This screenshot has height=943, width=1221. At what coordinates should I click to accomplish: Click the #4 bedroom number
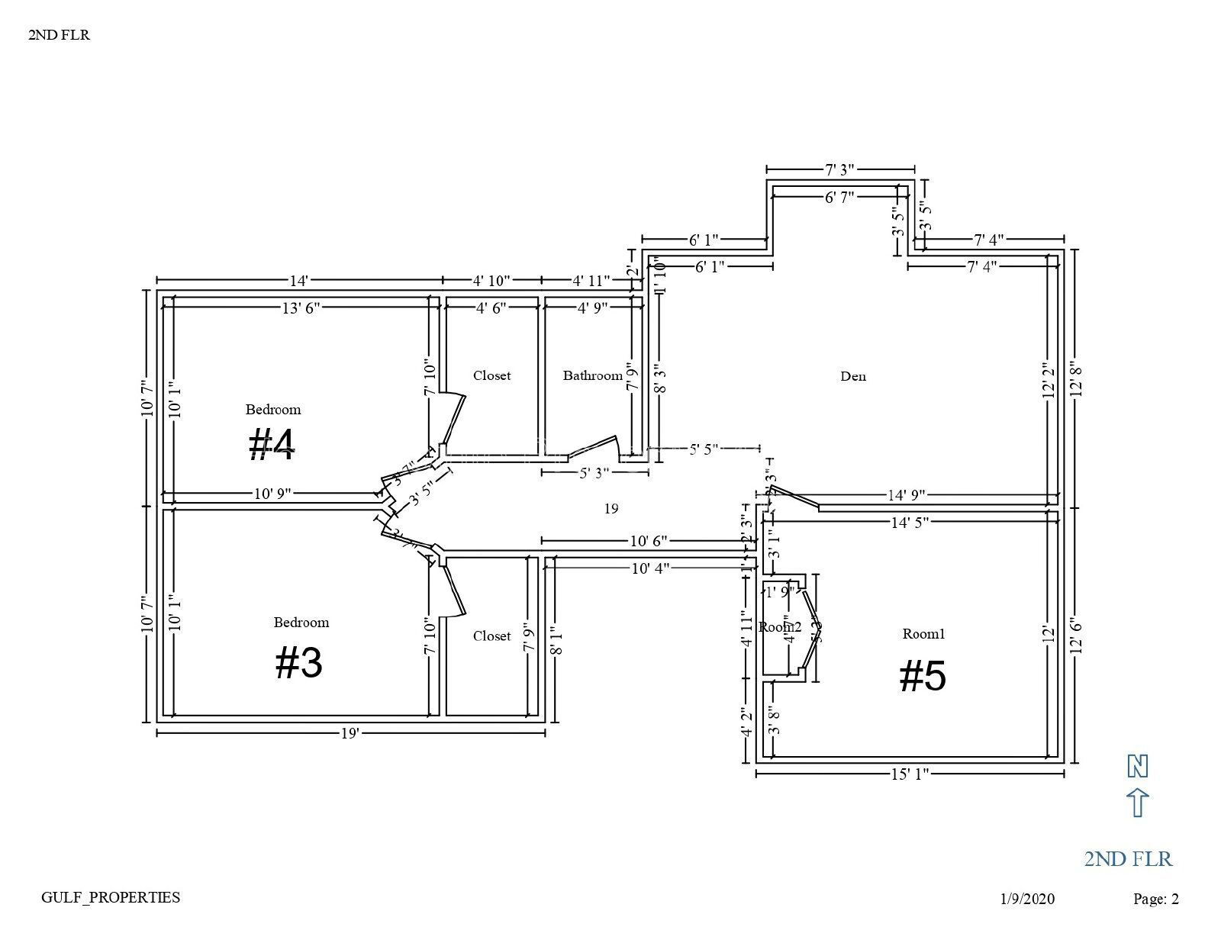click(x=272, y=445)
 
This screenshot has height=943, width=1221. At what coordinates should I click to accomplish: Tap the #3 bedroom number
click(x=299, y=662)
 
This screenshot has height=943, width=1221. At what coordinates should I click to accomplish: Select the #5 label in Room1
click(x=923, y=676)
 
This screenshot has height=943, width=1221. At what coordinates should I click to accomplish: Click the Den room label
click(x=852, y=376)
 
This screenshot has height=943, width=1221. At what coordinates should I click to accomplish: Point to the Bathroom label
click(x=592, y=375)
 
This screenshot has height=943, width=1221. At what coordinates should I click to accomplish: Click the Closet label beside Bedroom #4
click(x=491, y=375)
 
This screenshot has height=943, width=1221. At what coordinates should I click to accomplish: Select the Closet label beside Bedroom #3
click(x=491, y=636)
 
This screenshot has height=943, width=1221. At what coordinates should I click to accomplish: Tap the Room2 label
click(x=779, y=626)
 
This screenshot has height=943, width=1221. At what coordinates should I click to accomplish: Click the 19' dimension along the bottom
click(x=350, y=733)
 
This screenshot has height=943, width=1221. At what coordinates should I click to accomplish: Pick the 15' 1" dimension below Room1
click(x=910, y=774)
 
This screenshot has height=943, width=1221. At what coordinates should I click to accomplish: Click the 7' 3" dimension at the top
click(x=839, y=169)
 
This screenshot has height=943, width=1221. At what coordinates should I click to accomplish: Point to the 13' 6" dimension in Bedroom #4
click(x=301, y=307)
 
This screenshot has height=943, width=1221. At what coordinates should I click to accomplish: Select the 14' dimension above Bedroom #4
click(x=298, y=280)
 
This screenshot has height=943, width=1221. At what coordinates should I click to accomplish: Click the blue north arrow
click(x=1137, y=803)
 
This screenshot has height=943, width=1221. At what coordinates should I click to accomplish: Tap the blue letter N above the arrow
click(x=1137, y=765)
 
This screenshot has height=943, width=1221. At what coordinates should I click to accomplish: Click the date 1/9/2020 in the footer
click(x=1027, y=899)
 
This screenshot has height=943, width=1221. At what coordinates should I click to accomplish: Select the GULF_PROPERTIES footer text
click(x=111, y=897)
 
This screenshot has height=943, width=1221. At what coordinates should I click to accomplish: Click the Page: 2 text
click(x=1155, y=899)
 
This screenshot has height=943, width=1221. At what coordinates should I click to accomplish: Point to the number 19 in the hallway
click(x=610, y=508)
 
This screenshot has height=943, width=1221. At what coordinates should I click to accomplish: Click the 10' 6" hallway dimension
click(x=649, y=541)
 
